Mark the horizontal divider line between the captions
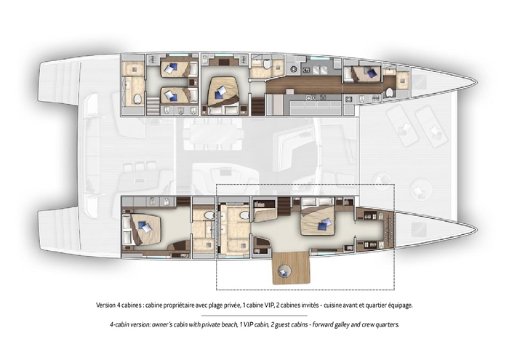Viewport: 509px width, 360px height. coord(254,315)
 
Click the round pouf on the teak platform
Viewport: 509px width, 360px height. coord(284,271)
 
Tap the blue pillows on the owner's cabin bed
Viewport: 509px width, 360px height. coord(325,223)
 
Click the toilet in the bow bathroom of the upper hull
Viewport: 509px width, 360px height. coord(390,92)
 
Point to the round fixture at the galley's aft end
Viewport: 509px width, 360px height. coord(294,69)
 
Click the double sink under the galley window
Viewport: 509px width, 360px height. coord(319,70)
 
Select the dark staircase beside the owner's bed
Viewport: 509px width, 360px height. coord(285,207)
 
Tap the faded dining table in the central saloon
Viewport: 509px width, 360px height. coord(213,133)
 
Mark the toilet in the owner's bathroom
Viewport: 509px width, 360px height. coord(244,215)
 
